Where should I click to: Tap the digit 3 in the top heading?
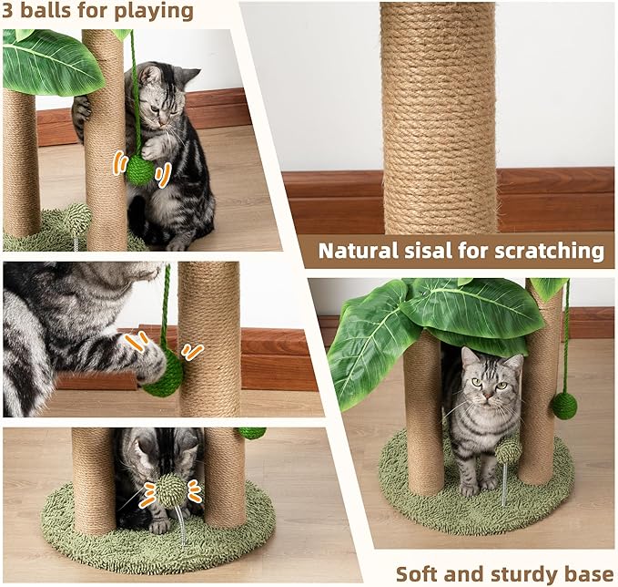pos(11,11)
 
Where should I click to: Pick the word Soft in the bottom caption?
pos(418,573)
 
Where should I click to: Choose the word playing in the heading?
pos(157,11)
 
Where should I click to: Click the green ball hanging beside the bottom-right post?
pos(563,406)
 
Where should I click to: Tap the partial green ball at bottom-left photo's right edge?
pos(253,432)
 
